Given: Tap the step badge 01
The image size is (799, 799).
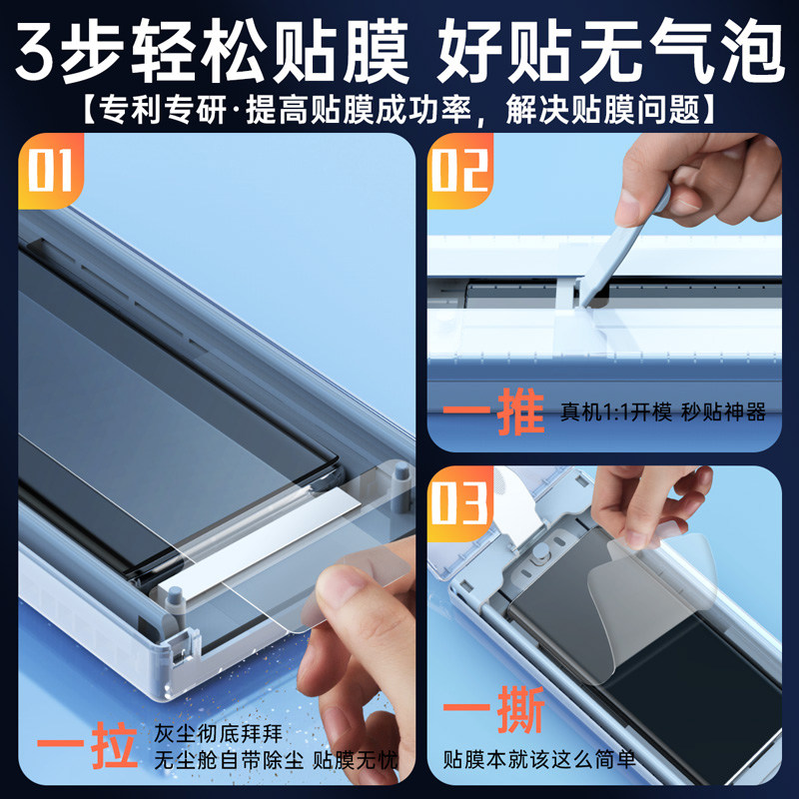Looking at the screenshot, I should [50, 170].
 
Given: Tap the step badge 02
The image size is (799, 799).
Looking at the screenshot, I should [461, 170].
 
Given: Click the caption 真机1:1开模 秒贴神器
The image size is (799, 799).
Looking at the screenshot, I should [662, 413].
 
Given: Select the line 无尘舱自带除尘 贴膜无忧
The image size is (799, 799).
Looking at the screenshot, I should [275, 762].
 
